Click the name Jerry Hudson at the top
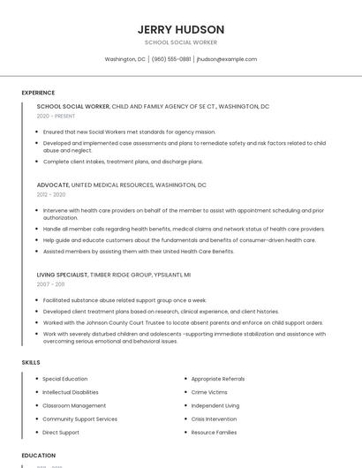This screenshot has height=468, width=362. pyautogui.click(x=181, y=29)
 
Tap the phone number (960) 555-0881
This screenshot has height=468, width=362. pyautogui.click(x=171, y=59)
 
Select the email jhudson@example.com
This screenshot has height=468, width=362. pyautogui.click(x=227, y=59)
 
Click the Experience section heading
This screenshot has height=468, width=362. pyautogui.click(x=38, y=93)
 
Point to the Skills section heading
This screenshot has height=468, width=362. pyautogui.click(x=30, y=362)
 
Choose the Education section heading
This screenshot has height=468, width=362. pyautogui.click(x=39, y=455)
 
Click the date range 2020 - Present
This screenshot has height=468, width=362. pyautogui.click(x=55, y=116)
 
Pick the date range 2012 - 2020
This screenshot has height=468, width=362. pyautogui.click(x=51, y=194)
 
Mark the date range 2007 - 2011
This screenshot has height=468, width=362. pyautogui.click(x=50, y=284)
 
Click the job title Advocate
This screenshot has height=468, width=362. pyautogui.click(x=52, y=185)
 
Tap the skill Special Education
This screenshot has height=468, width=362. pyautogui.click(x=64, y=379)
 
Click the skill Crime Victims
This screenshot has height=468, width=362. pyautogui.click(x=209, y=392)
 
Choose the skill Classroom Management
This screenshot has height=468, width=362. pyautogui.click(x=74, y=405)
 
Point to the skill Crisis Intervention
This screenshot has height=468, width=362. pyautogui.click(x=214, y=419)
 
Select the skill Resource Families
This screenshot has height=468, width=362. pyautogui.click(x=214, y=433)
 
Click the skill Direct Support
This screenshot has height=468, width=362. pyautogui.click(x=61, y=433)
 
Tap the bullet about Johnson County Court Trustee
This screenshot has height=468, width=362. pyautogui.click(x=183, y=322)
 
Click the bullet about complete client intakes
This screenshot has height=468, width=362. pyautogui.click(x=123, y=162)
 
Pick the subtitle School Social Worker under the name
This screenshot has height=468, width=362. pyautogui.click(x=181, y=42)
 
